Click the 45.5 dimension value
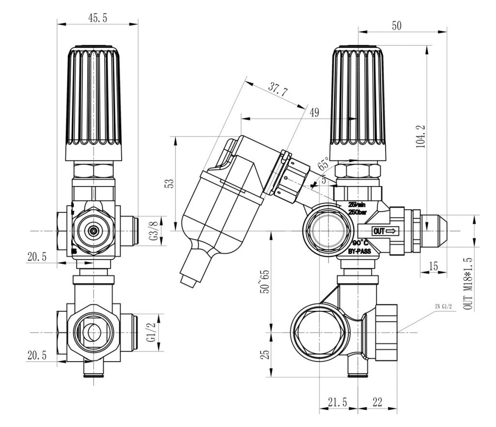(97, 18)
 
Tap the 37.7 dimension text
(277, 89)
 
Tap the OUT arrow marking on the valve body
(385, 231)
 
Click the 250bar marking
(358, 212)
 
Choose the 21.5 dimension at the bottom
(337, 401)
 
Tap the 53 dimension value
(169, 184)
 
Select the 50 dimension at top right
(397, 26)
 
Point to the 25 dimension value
(264, 354)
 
